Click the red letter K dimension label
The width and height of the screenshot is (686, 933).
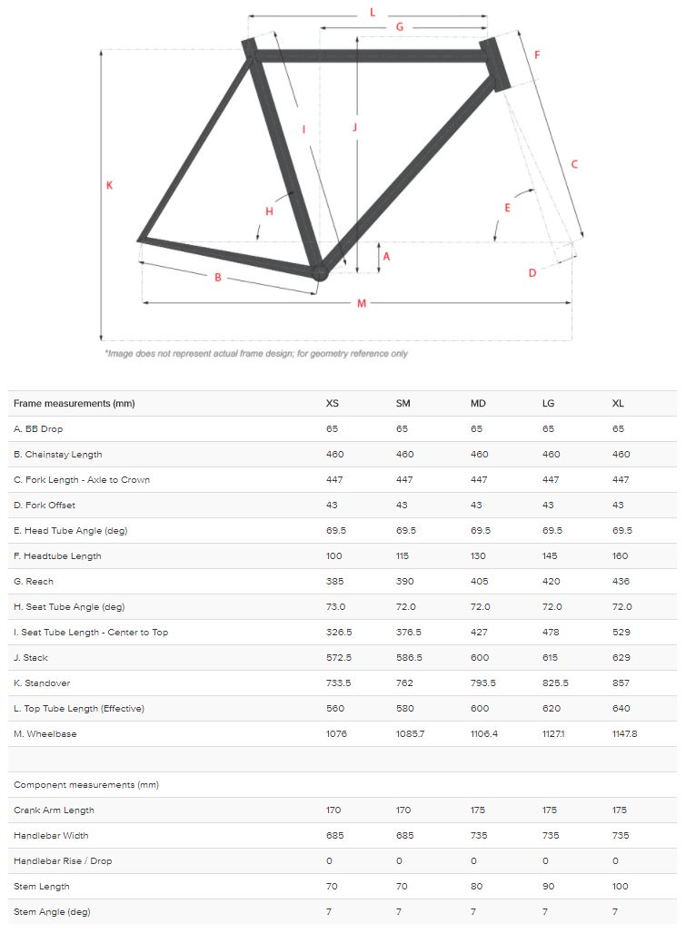coord(108,185)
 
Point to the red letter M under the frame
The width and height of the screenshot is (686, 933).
coord(361,303)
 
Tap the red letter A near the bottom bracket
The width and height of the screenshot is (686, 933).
coord(386,257)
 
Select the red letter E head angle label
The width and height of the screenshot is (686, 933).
coord(507,208)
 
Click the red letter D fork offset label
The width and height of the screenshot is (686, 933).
coord(532,273)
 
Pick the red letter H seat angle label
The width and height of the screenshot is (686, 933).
coord(269,211)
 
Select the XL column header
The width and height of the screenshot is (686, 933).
coord(619,404)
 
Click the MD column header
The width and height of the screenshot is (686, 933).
coord(478,404)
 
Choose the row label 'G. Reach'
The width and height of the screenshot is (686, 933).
coord(34,582)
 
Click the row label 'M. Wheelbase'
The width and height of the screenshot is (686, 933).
coord(45,734)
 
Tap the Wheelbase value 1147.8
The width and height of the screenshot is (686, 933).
coord(625,734)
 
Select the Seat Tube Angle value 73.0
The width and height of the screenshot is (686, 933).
coord(334,607)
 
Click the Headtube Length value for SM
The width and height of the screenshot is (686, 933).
coord(403,556)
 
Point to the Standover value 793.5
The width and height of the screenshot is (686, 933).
coord(482,683)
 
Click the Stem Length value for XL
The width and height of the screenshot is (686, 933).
coord(621,887)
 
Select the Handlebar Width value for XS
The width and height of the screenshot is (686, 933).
coord(335,836)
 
